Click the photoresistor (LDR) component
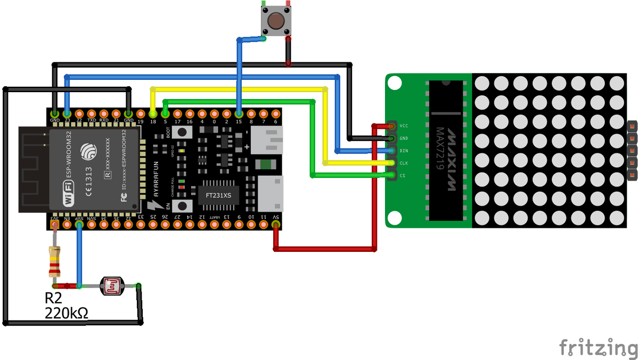[x=112, y=286]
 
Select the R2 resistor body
[x=54, y=261]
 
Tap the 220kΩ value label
[x=67, y=314]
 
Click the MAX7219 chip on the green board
[x=445, y=151]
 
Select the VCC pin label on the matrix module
[x=404, y=126]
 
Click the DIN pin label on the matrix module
[x=404, y=151]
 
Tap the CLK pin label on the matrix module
[x=404, y=163]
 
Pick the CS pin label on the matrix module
[x=403, y=175]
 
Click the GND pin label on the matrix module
[x=404, y=138]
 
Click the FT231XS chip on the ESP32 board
[x=218, y=195]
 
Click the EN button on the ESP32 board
[x=182, y=206]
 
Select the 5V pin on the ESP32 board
[x=276, y=225]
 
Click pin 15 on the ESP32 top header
[x=239, y=114]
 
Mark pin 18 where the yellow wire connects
[x=153, y=114]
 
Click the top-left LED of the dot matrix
[x=482, y=83]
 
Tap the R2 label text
[x=54, y=299]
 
